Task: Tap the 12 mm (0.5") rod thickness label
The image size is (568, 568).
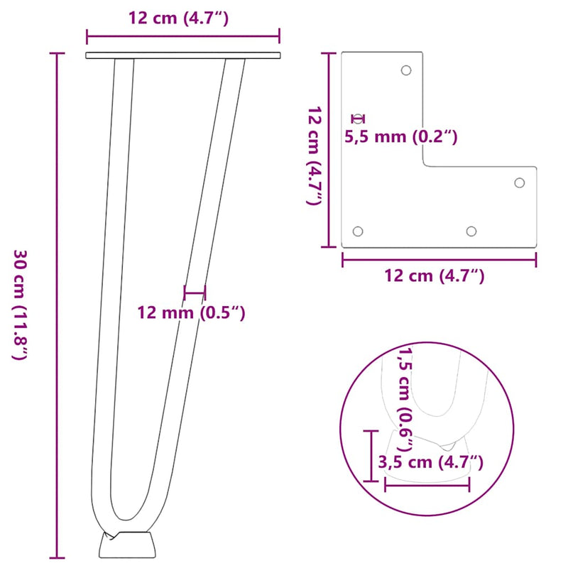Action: (191, 312)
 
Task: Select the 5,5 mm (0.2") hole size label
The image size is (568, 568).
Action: (400, 136)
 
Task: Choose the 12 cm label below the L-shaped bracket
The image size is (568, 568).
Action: (435, 276)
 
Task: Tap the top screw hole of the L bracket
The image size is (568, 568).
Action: (406, 70)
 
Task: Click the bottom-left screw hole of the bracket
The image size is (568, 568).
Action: (358, 231)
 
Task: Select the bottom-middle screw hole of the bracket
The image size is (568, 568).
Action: (471, 231)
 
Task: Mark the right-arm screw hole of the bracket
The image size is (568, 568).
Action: (519, 182)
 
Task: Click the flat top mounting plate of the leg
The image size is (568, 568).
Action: (182, 55)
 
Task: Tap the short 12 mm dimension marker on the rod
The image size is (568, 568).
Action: (194, 291)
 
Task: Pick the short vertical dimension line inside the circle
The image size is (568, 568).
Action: (370, 455)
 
